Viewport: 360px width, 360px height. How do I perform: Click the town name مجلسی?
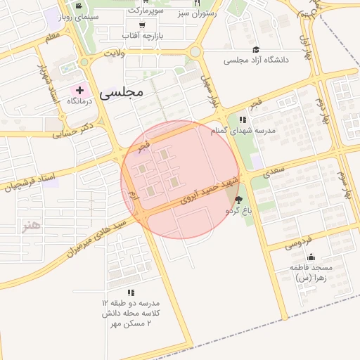coord(122,91)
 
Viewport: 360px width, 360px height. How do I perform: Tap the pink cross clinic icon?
coord(79,90)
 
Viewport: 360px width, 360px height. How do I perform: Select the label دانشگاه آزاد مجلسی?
coord(257,60)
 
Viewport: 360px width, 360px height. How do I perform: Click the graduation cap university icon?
coord(256,49)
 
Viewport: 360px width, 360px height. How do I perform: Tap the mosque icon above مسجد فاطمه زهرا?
coord(311,257)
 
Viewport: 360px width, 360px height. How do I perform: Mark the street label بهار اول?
coord(304,46)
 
